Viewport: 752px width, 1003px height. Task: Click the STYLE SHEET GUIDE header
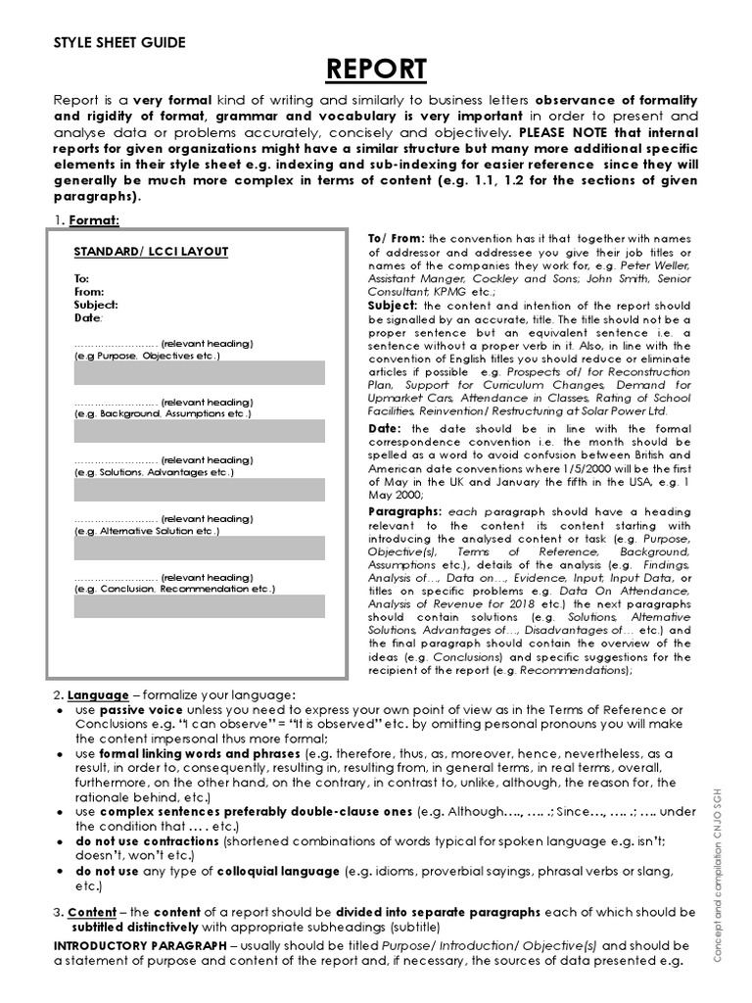118,42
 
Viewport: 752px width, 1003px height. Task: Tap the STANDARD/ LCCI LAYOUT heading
151,252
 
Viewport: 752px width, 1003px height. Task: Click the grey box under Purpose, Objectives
200,372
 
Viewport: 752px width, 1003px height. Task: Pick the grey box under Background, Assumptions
200,431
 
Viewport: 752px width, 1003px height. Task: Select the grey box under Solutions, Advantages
200,489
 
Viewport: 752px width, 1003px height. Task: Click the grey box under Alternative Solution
200,548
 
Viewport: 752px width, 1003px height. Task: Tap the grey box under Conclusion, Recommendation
200,606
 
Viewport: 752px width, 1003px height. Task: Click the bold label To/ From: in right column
397,239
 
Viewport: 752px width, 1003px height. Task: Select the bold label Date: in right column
386,429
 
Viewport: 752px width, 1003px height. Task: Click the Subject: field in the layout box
96,305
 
